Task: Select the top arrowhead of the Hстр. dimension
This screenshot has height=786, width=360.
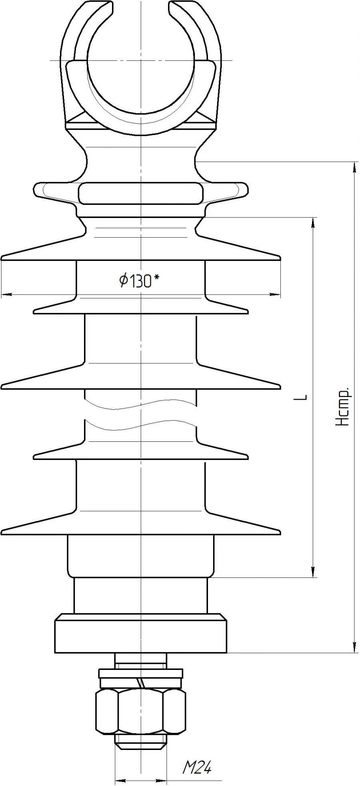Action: pos(354,166)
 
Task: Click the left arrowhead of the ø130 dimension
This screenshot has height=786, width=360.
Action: pos(6,295)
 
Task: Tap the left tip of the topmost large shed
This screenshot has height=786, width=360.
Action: pos(4,257)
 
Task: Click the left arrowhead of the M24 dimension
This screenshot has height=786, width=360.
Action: pos(119,780)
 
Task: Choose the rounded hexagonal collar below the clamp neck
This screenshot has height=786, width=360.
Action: pos(141,193)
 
